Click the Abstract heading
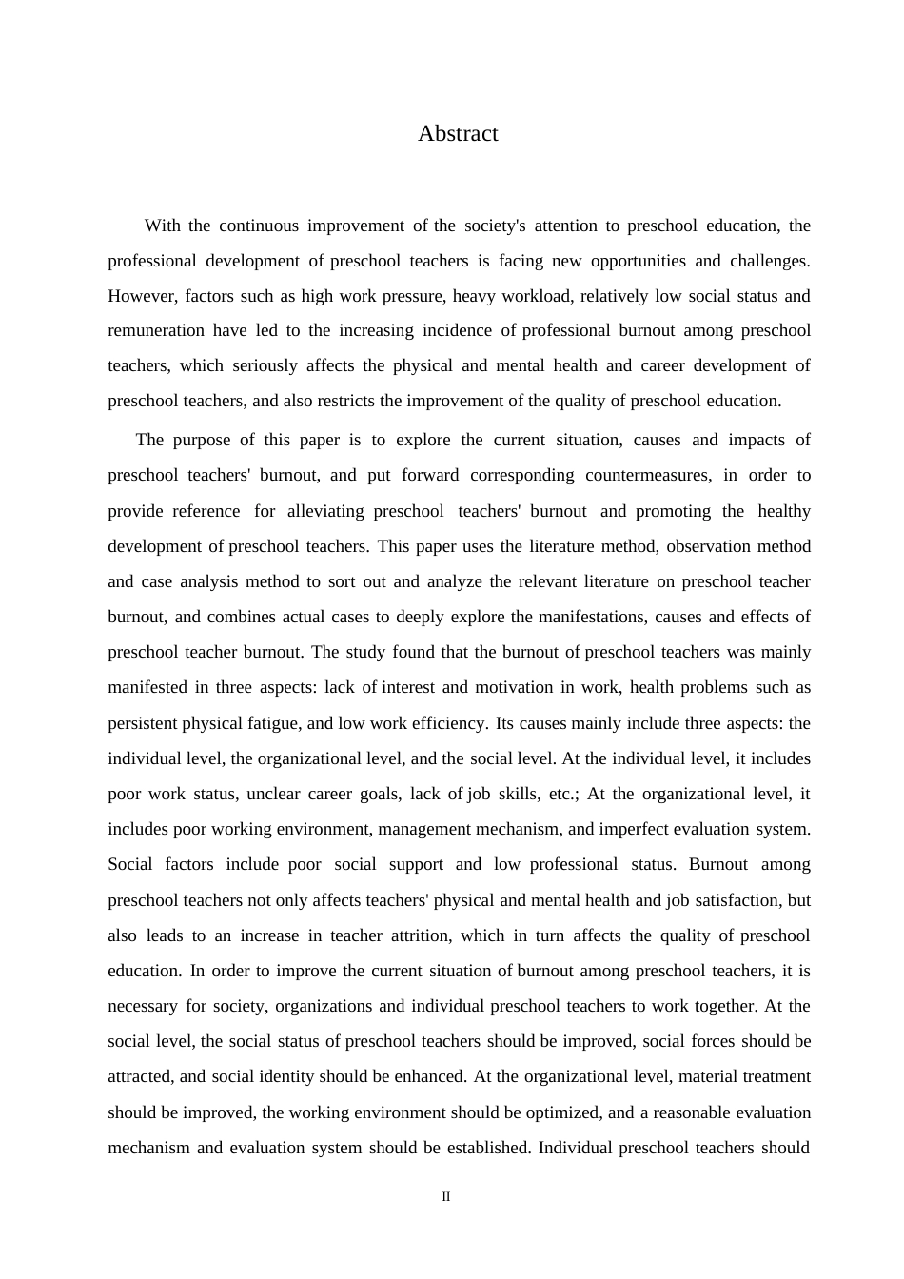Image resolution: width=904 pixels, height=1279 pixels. (458, 133)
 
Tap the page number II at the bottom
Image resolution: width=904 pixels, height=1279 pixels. (445, 1197)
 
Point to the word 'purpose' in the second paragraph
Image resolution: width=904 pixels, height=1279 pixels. (200, 440)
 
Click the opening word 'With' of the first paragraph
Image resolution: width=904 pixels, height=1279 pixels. (162, 226)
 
